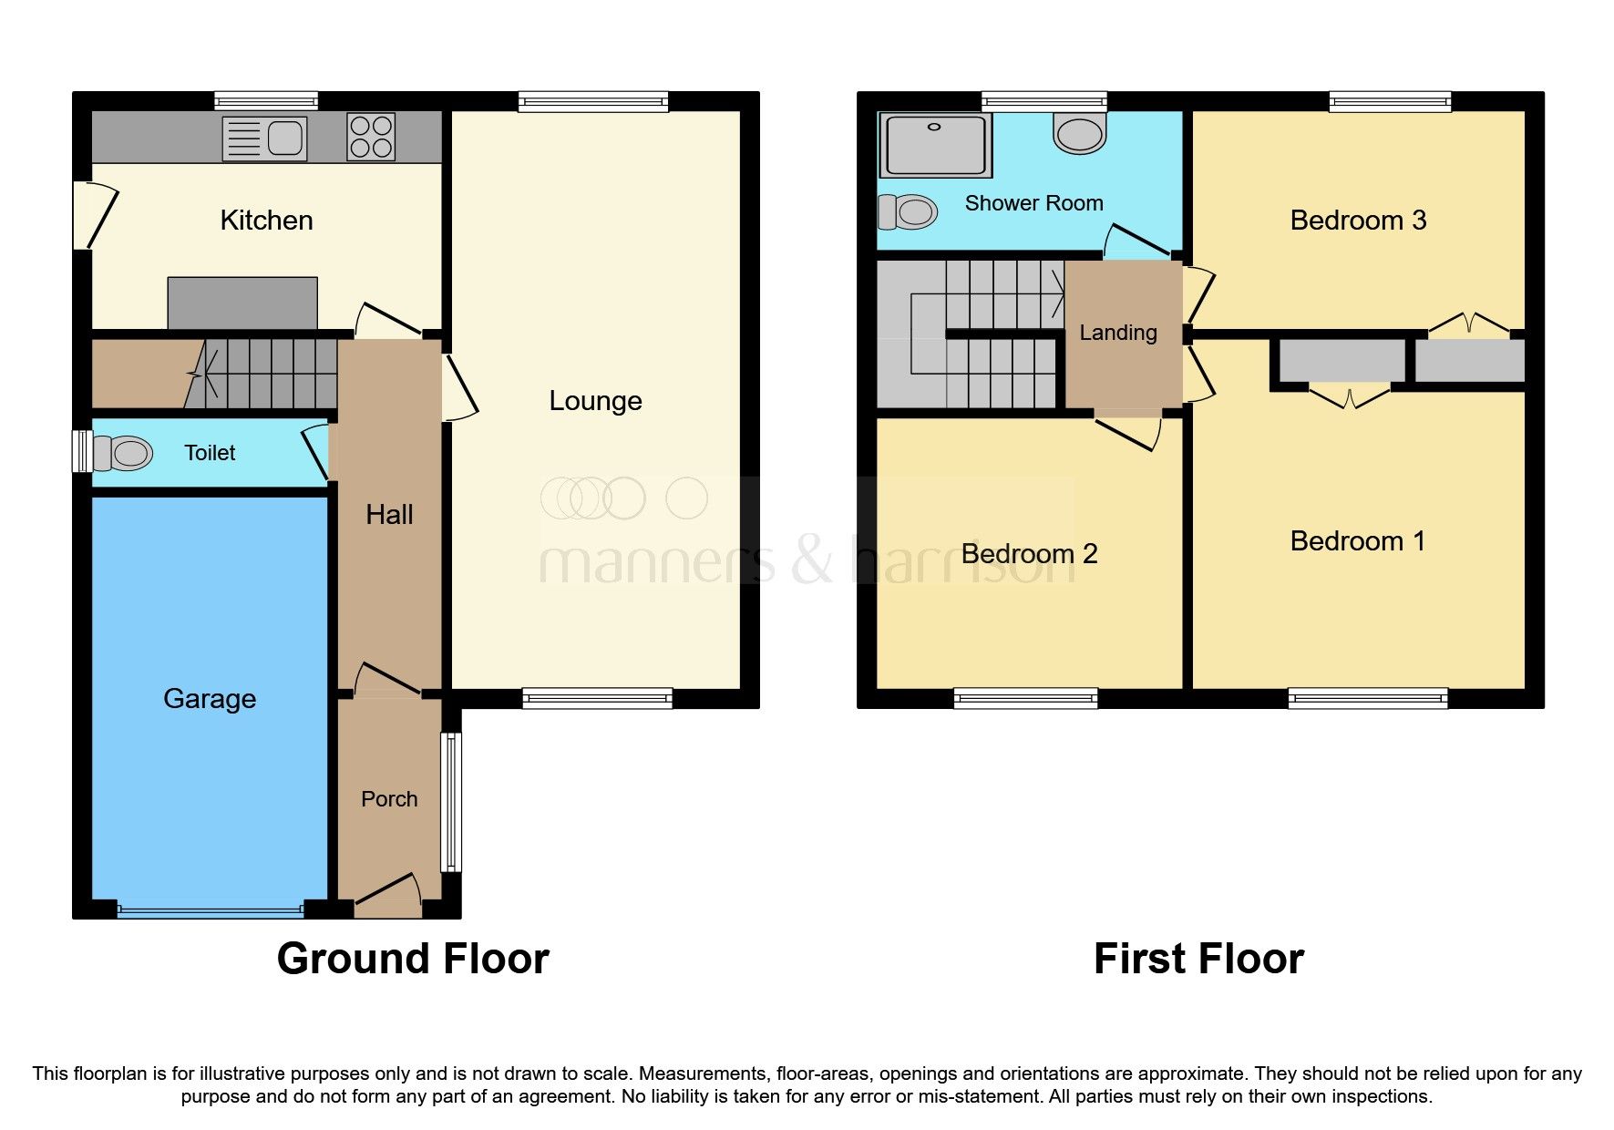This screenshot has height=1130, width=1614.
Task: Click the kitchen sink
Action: click(x=264, y=139)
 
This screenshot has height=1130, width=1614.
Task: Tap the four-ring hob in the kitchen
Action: click(x=371, y=137)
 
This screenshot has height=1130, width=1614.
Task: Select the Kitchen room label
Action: click(x=266, y=221)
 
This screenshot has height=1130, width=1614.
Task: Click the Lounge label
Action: click(x=595, y=401)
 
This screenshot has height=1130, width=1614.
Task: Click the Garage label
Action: click(x=210, y=699)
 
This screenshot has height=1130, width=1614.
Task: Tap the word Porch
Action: click(x=389, y=799)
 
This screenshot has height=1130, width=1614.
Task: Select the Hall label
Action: click(x=389, y=515)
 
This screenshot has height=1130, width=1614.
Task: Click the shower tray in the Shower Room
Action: click(x=935, y=144)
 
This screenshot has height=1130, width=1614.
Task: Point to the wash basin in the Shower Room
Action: click(x=1080, y=132)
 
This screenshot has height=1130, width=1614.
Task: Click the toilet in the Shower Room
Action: click(x=909, y=212)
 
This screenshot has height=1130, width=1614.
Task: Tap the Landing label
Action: click(x=1118, y=334)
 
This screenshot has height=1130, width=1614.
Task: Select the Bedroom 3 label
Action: click(x=1358, y=221)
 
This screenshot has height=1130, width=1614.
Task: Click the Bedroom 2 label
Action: click(x=1029, y=554)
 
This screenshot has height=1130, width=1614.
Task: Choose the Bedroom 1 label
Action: click(x=1357, y=541)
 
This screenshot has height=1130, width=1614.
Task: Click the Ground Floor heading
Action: click(x=413, y=959)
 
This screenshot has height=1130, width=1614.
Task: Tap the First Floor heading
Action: click(x=1198, y=959)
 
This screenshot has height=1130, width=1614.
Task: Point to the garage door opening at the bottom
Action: click(x=210, y=909)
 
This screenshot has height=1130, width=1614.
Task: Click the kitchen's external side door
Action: click(x=98, y=216)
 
